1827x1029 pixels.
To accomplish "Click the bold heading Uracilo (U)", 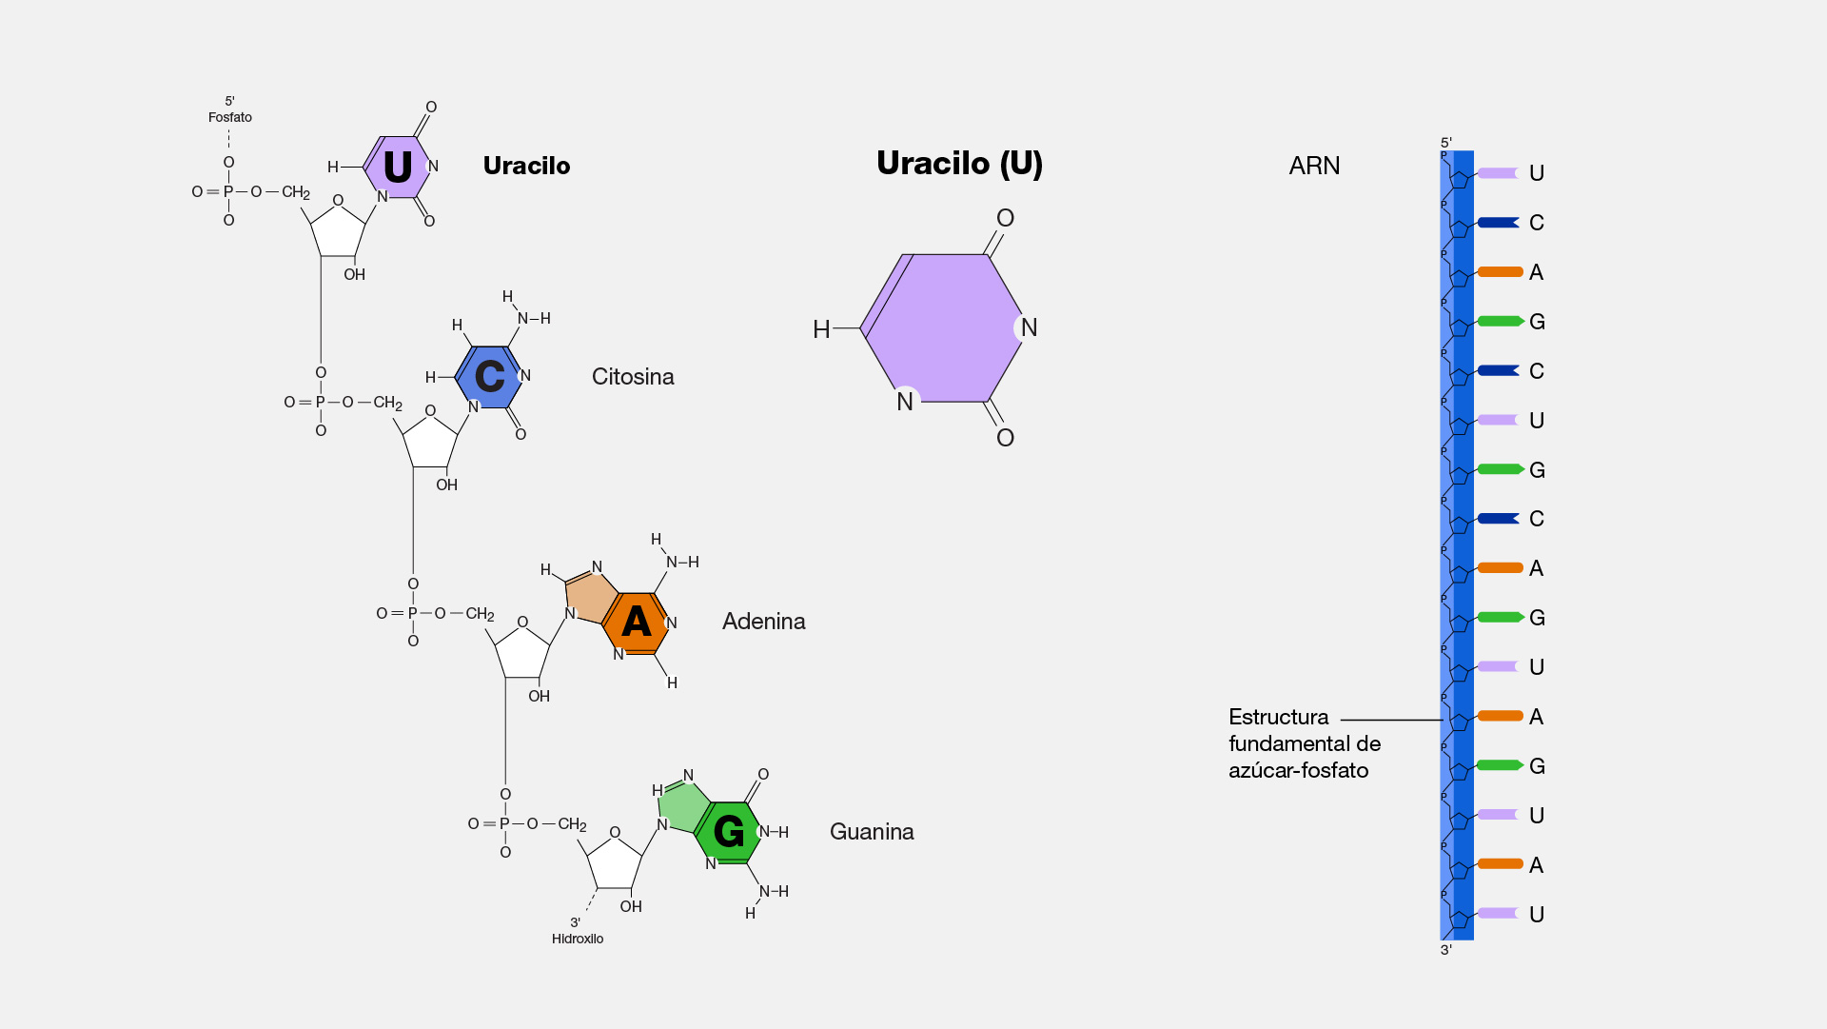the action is click(x=959, y=164).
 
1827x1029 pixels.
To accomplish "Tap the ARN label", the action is click(x=1314, y=166).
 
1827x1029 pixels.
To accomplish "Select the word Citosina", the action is click(x=633, y=377).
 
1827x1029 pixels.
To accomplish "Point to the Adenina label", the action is click(x=764, y=622).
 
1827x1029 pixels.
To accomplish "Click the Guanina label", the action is click(x=872, y=832).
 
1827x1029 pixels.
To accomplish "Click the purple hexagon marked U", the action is click(x=398, y=168).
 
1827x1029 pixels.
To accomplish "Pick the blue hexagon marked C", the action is click(x=490, y=377).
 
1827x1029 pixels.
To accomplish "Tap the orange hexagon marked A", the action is click(x=636, y=623).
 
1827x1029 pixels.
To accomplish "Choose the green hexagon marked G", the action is click(x=728, y=832).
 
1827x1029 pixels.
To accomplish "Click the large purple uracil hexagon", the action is click(x=941, y=328).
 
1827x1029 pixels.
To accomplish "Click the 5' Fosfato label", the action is click(x=230, y=109).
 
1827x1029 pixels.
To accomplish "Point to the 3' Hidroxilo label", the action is click(x=578, y=931).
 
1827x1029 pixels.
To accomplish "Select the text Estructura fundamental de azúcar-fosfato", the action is click(x=1304, y=743).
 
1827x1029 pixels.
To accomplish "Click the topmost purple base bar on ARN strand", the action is click(x=1498, y=173).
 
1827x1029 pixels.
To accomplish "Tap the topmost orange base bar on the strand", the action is click(x=1501, y=272).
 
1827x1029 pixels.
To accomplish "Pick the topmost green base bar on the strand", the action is click(x=1501, y=322).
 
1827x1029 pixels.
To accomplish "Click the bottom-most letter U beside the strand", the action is click(x=1537, y=915).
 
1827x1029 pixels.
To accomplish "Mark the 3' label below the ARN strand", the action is click(x=1446, y=950).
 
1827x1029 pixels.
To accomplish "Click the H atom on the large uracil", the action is click(x=821, y=329).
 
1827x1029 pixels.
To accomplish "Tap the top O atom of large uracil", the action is click(x=1005, y=218).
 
